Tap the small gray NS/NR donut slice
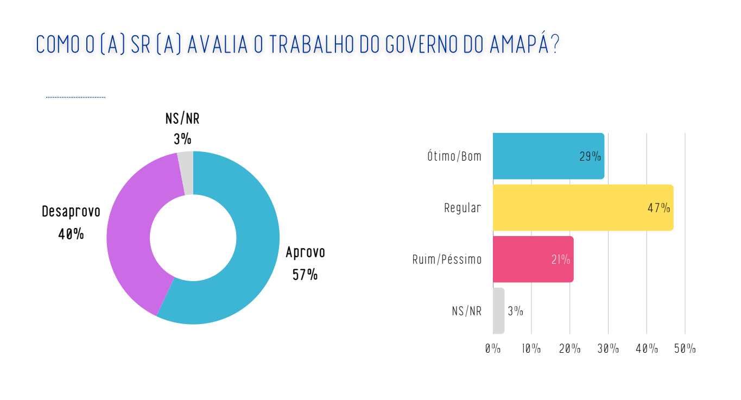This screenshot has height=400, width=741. coord(186,173)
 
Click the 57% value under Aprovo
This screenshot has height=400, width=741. coord(305,275)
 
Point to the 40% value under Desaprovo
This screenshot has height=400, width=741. coord(71,234)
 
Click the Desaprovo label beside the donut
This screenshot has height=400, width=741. coord(71,212)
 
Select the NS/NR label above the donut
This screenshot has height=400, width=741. coord(182,119)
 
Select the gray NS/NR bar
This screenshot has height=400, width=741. coord(498,311)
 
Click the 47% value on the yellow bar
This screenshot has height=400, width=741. coord(658,208)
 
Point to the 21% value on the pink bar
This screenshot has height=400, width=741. coord(561,260)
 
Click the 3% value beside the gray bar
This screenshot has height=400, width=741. coord(515,311)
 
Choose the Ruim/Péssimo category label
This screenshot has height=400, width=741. coord(447,259)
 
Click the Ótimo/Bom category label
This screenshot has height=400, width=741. coord(454,156)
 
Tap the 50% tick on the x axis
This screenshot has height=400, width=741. coord(685,348)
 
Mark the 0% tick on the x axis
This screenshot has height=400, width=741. coord(493,348)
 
